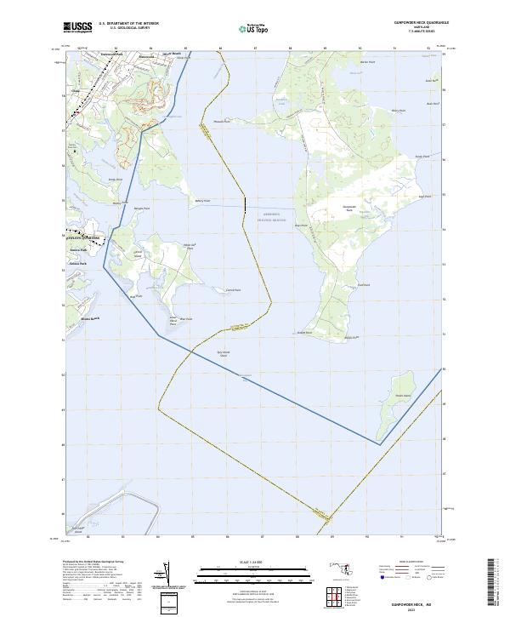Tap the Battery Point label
(202, 201)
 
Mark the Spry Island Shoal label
(224, 354)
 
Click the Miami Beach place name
(89, 318)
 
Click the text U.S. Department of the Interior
(128, 24)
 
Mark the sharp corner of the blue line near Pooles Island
(379, 443)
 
